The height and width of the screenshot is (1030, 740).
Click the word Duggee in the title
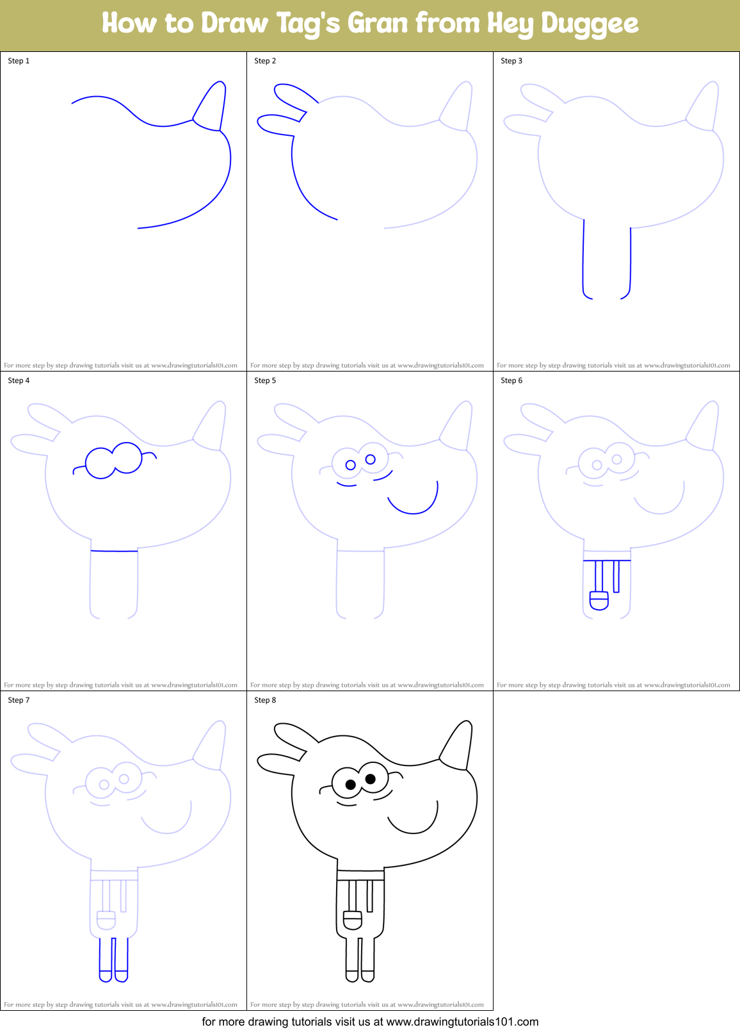pyautogui.click(x=589, y=24)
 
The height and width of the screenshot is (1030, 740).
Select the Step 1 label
pyautogui.click(x=19, y=61)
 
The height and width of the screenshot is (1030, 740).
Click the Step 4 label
pyautogui.click(x=19, y=380)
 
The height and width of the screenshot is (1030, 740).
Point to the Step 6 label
pyautogui.click(x=511, y=380)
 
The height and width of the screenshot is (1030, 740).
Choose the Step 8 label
pyautogui.click(x=265, y=700)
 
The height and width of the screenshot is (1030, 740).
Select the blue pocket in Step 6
pyautogui.click(x=599, y=600)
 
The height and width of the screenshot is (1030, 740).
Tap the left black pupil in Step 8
pyautogui.click(x=350, y=785)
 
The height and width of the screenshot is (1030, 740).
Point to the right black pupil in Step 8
pyautogui.click(x=370, y=779)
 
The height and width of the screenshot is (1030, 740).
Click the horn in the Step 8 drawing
pyautogui.click(x=458, y=747)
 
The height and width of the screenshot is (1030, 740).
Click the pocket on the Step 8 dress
pyautogui.click(x=352, y=920)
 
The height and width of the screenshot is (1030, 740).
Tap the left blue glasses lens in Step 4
pyautogui.click(x=101, y=462)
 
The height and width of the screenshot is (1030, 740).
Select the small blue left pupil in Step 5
pyautogui.click(x=350, y=465)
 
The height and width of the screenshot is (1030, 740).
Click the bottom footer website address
pyautogui.click(x=462, y=1022)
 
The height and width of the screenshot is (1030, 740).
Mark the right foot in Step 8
pyautogui.click(x=367, y=976)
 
